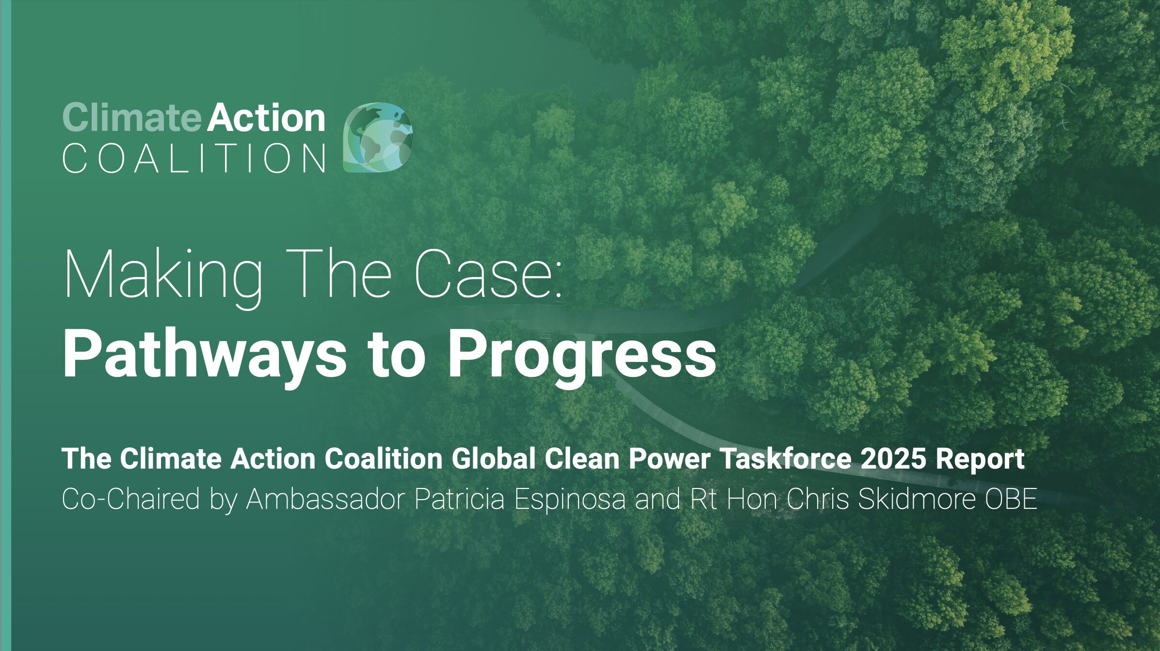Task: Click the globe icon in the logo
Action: (377, 137)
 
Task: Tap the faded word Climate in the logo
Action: (131, 118)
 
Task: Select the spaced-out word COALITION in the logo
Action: (194, 159)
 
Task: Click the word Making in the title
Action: (163, 274)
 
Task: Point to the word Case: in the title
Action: (488, 274)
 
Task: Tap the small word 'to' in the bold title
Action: (396, 354)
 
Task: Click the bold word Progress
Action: (581, 354)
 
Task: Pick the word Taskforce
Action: (786, 458)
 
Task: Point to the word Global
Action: (494, 458)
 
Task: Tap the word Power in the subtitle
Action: (669, 458)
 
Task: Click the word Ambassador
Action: (325, 499)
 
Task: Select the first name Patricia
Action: (459, 499)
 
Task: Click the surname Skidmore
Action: (917, 499)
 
